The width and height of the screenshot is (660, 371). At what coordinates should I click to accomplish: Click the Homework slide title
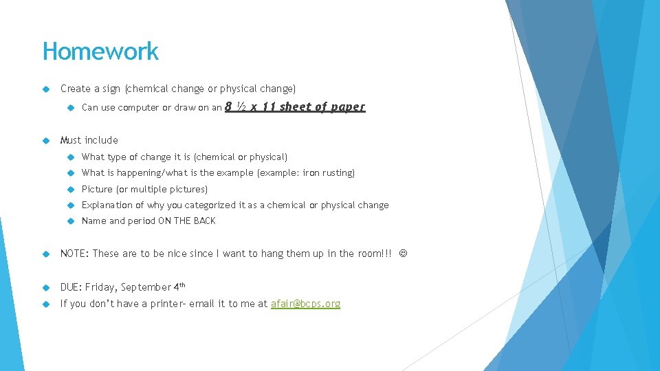coord(100,52)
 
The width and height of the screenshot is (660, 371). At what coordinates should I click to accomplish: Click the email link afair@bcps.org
coord(305,304)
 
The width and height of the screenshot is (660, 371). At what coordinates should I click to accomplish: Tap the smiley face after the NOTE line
coord(402,254)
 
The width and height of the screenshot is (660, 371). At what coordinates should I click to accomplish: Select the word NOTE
coord(74,254)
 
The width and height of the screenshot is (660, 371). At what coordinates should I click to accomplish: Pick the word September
coord(146,287)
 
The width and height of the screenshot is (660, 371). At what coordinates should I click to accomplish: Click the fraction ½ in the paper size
coord(241,106)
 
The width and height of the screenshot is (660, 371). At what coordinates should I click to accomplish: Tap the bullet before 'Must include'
coord(46,140)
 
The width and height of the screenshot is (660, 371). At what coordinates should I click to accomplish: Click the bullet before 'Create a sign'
coord(46,89)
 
